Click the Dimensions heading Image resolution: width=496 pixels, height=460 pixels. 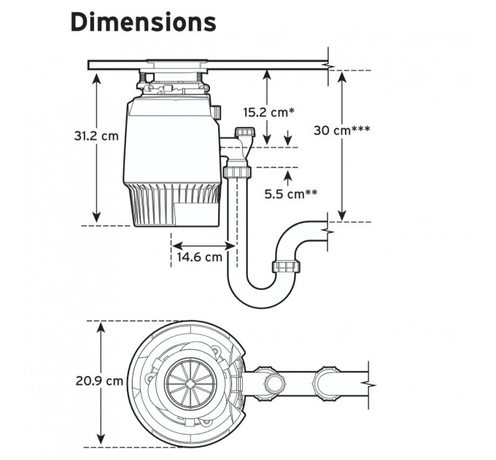[143, 23]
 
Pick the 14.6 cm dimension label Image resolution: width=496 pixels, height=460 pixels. [198, 257]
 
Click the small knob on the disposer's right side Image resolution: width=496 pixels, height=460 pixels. [220, 111]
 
